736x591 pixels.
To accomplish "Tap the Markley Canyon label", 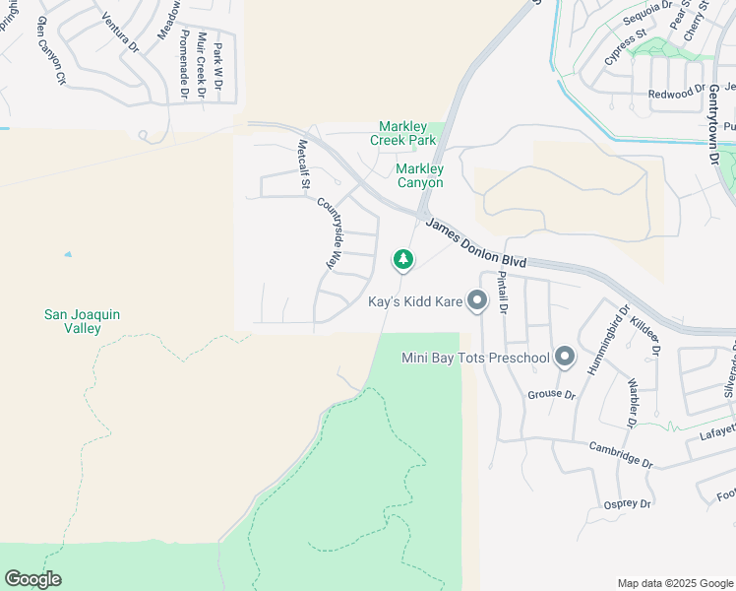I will pos(419,175).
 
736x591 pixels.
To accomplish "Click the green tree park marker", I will pos(402,260).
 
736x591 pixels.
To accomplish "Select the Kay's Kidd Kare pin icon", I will pos(477,301).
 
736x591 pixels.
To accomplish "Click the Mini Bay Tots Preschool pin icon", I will pos(565,357).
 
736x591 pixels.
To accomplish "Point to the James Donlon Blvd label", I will pos(477,242).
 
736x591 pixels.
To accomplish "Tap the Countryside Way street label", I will pos(333,234).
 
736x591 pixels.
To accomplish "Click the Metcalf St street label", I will pos(304,164).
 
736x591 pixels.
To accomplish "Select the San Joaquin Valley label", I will pos(83,321).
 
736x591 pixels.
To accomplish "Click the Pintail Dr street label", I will pos(502,295).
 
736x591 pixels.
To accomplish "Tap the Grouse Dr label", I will pos(551,394).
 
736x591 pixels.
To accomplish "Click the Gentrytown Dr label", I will pos(713,123).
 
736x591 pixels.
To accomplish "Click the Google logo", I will pos(32,579).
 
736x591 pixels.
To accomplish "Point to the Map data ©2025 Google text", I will pos(673,583).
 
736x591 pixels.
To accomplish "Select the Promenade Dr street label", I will pos(183,65).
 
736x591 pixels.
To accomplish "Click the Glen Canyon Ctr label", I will pos(50,49).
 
